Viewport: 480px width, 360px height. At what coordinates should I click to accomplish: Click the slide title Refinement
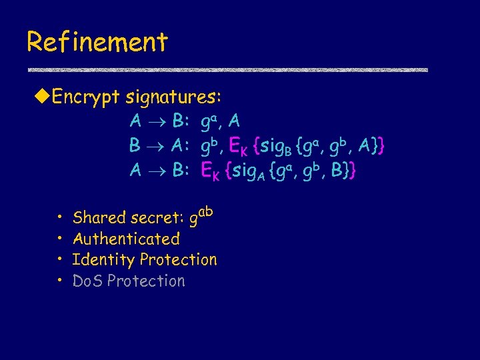coord(97,42)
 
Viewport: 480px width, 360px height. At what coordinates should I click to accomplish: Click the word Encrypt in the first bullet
coord(85,97)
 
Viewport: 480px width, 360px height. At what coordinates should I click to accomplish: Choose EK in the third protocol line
coord(211,171)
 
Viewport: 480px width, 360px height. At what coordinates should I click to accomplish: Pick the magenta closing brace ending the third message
coord(353,171)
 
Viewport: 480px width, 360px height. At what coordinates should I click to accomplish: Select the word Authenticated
coord(126,239)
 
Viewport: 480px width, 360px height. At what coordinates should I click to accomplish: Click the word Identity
coord(99,259)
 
